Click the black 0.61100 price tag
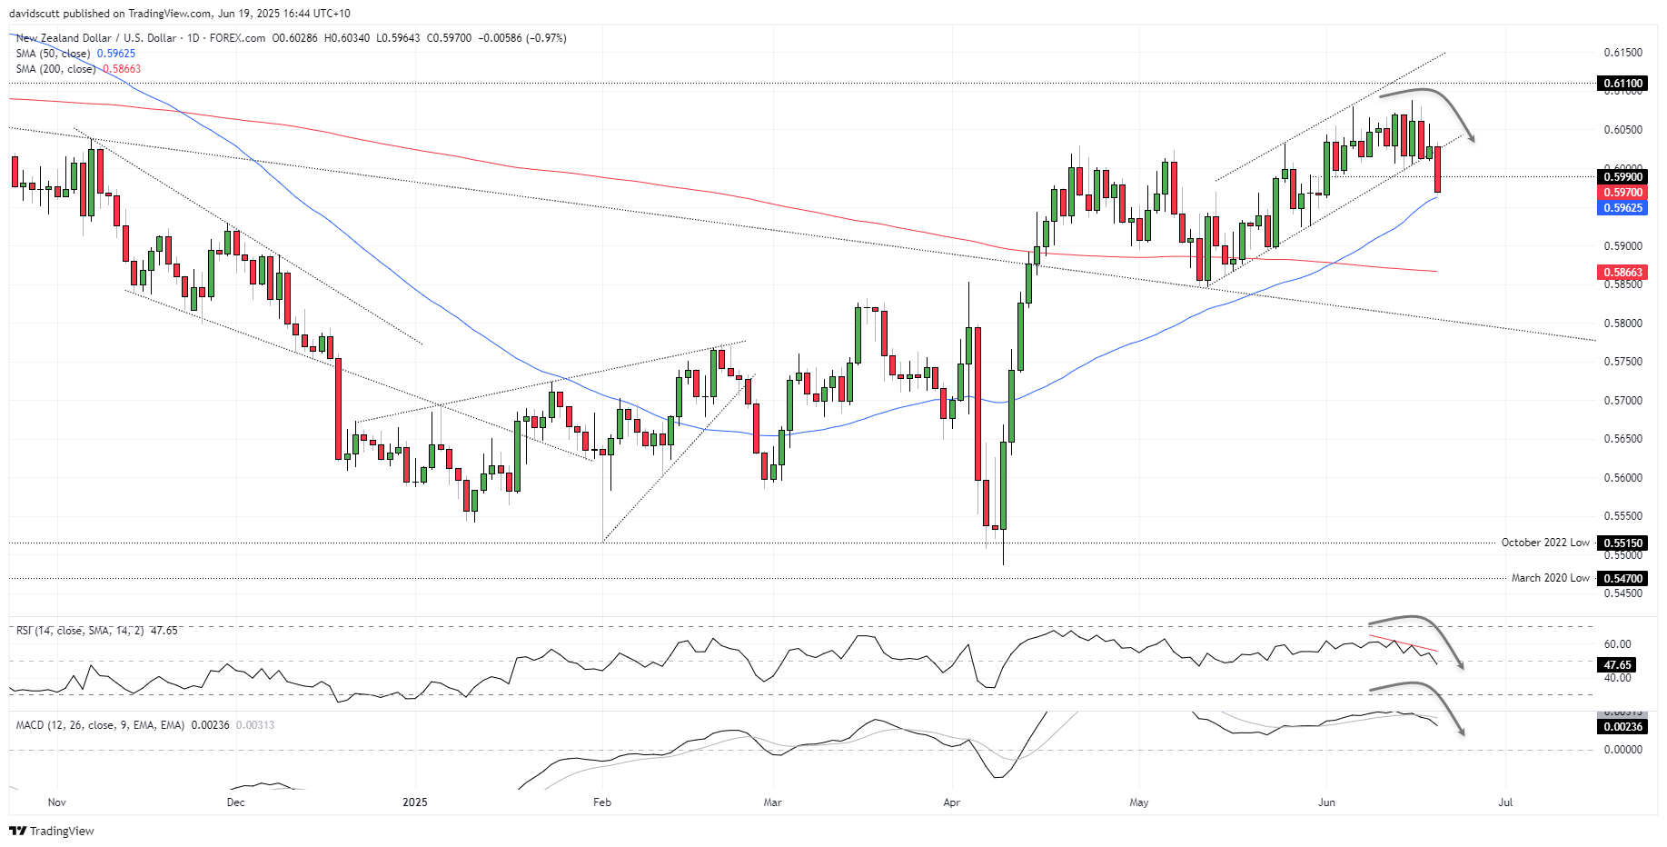(x=1622, y=84)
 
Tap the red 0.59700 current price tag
(x=1622, y=193)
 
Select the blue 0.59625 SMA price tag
(x=1622, y=208)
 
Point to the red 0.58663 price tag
(x=1622, y=273)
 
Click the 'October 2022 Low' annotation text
(x=1545, y=543)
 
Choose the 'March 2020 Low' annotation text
(x=1550, y=578)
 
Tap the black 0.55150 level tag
(x=1622, y=543)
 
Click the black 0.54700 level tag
(x=1622, y=578)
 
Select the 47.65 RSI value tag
(x=1617, y=665)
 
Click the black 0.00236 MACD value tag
(x=1622, y=727)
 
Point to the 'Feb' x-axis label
(x=601, y=802)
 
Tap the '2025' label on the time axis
(x=414, y=802)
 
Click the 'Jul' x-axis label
(x=1505, y=802)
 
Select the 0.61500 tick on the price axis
(x=1622, y=53)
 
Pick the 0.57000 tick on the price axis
(x=1622, y=401)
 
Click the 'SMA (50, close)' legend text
(x=53, y=54)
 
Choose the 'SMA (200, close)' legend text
(x=55, y=69)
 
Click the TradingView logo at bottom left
(x=52, y=831)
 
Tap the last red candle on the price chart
(x=1438, y=169)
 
